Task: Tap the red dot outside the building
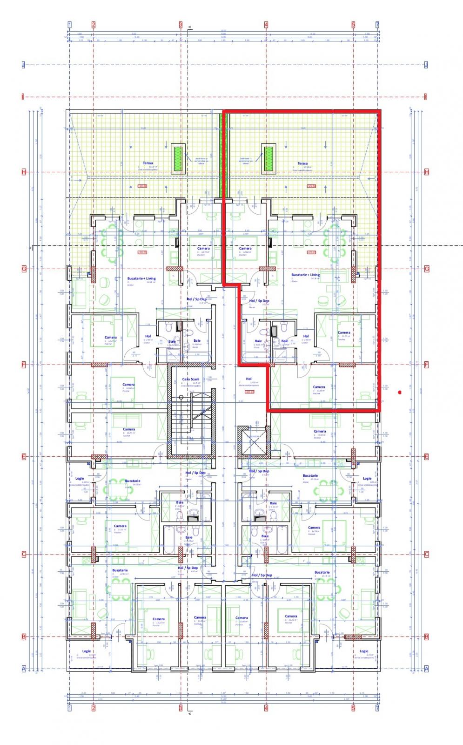point(400,393)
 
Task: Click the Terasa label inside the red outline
point(302,163)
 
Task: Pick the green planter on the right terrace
point(268,158)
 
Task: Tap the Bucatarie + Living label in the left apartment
point(141,278)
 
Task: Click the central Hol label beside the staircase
point(248,379)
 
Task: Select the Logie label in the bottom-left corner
point(87,651)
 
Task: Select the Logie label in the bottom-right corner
point(363,651)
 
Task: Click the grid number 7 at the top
point(377,24)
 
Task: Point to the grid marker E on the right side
point(426,457)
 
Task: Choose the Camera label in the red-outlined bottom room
point(319,387)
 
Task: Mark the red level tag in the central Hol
point(249,392)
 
